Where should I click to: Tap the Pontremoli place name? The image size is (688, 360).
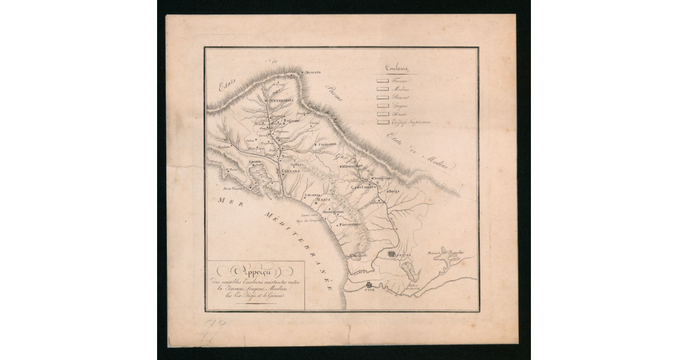pos(282,101)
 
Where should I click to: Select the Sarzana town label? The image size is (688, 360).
pos(287,171)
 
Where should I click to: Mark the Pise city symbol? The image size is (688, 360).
pos(368,285)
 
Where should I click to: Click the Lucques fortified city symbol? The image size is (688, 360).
pos(392,253)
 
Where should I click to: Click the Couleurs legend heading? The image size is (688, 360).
pos(396,68)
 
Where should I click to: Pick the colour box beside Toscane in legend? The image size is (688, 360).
pos(382,80)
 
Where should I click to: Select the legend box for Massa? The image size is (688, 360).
pos(382,114)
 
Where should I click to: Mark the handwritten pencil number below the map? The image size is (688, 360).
pos(215,331)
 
